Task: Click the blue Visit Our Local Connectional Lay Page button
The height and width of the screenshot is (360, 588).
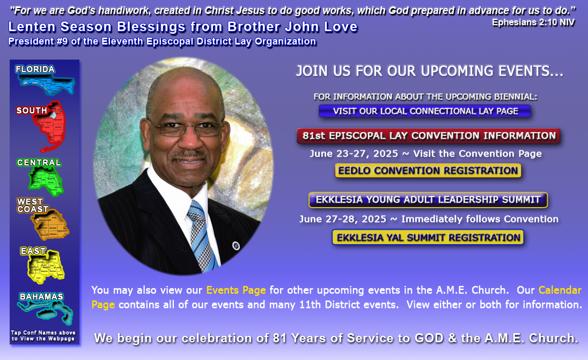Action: click(x=425, y=111)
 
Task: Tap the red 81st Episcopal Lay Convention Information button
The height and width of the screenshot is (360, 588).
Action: click(x=428, y=136)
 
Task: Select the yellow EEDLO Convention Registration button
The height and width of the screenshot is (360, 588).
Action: click(x=428, y=170)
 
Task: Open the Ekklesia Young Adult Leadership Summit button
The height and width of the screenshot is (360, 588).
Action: click(x=428, y=200)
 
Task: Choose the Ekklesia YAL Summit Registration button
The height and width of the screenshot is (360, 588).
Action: click(x=428, y=237)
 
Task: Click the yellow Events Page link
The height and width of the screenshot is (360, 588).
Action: click(x=236, y=290)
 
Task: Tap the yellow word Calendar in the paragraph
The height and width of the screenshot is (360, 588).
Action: click(x=560, y=290)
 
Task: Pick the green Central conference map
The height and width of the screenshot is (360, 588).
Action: click(x=46, y=180)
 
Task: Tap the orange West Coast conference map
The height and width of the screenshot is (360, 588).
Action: click(x=50, y=225)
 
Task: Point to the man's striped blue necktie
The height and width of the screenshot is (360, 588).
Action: click(x=202, y=236)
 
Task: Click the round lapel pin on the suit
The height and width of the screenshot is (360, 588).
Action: click(x=236, y=246)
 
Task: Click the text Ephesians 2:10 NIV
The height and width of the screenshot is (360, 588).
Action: click(x=533, y=23)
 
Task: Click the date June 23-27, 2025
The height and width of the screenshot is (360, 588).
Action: click(x=354, y=154)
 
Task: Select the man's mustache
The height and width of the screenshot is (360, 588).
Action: click(x=190, y=153)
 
